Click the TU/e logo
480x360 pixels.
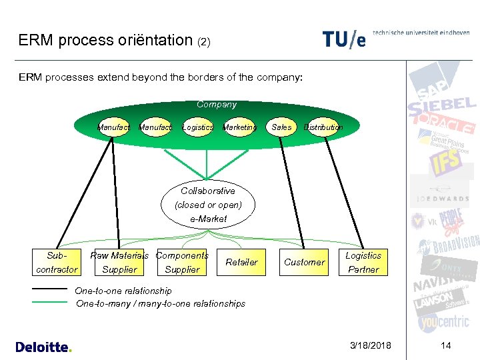[344, 39]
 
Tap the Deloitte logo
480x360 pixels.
[43, 347]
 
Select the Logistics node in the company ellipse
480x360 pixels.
[197, 127]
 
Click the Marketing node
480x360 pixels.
[239, 127]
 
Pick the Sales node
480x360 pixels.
[281, 127]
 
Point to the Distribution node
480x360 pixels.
[323, 127]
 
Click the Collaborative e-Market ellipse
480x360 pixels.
[208, 205]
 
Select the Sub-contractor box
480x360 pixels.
[57, 262]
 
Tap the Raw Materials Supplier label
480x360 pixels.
[119, 262]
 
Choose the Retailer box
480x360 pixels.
[241, 262]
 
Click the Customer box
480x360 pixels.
[304, 262]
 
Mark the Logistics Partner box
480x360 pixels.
[363, 262]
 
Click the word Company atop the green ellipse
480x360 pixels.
[217, 105]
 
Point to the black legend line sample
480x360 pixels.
[50, 289]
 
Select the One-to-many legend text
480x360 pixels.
[161, 303]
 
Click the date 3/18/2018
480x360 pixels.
[371, 345]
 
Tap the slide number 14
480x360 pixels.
[446, 345]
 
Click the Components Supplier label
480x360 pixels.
[182, 262]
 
